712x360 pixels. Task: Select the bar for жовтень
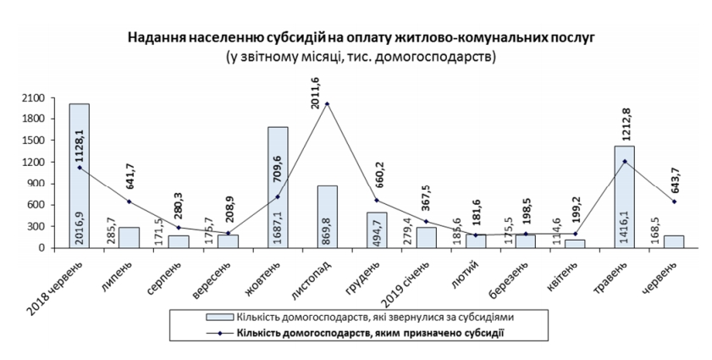278,187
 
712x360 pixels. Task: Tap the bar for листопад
328,217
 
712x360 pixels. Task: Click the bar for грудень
377,230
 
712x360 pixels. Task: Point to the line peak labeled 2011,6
328,104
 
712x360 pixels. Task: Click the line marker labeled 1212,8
625,161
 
